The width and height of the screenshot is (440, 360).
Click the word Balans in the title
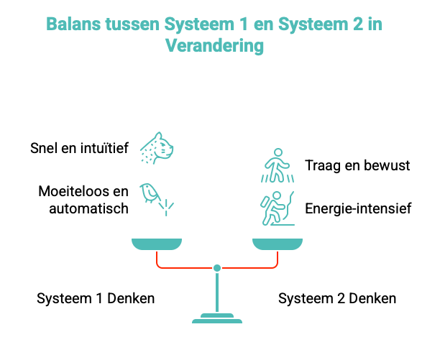73,24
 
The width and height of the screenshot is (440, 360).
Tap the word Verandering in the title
215,46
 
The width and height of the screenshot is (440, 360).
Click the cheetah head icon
157,148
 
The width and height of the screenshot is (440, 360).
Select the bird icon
157,199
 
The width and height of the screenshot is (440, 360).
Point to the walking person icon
278,165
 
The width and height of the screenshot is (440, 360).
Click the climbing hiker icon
278,208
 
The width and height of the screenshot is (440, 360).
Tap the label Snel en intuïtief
79,148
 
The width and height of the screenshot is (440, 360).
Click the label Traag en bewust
357,165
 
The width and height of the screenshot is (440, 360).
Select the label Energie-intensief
358,208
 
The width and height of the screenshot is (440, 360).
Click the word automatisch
88,208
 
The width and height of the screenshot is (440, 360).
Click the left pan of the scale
157,244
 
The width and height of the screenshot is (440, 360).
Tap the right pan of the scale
278,244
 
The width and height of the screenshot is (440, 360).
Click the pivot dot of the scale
217,268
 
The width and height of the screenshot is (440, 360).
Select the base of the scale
217,318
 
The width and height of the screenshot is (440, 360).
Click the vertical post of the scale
217,292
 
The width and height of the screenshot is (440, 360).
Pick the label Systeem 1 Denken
96,298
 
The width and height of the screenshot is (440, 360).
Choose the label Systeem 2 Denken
337,298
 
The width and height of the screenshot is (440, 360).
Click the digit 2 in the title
358,24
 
